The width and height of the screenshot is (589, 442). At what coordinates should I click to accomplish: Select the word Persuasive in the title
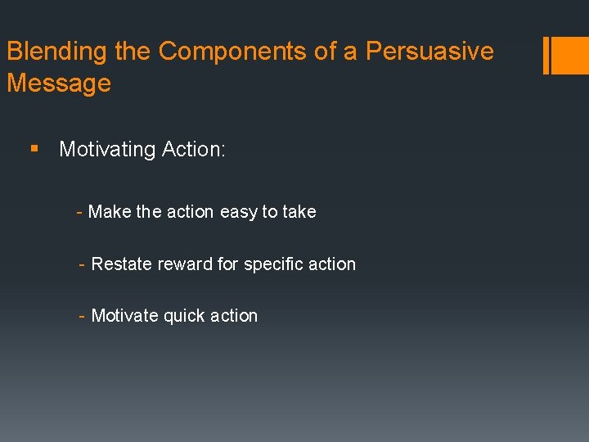429,52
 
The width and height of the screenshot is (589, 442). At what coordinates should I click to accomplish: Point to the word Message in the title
58,83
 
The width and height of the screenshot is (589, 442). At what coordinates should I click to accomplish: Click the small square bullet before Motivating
34,149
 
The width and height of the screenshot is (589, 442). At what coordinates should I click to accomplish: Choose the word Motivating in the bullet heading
107,149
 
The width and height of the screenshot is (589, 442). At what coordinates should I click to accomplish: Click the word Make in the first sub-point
110,212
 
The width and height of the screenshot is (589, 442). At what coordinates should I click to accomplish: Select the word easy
239,212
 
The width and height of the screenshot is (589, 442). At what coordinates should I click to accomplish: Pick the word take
299,212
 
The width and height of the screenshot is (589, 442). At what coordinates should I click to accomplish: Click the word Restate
119,264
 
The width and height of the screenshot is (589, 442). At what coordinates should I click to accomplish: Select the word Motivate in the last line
125,316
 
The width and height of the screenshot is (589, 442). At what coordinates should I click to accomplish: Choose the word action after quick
233,316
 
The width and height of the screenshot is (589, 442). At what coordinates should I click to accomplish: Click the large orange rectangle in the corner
570,55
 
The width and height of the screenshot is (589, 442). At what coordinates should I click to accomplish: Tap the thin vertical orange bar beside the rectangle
546,55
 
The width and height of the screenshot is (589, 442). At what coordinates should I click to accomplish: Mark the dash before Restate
82,264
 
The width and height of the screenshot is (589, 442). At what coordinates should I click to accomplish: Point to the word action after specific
331,264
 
